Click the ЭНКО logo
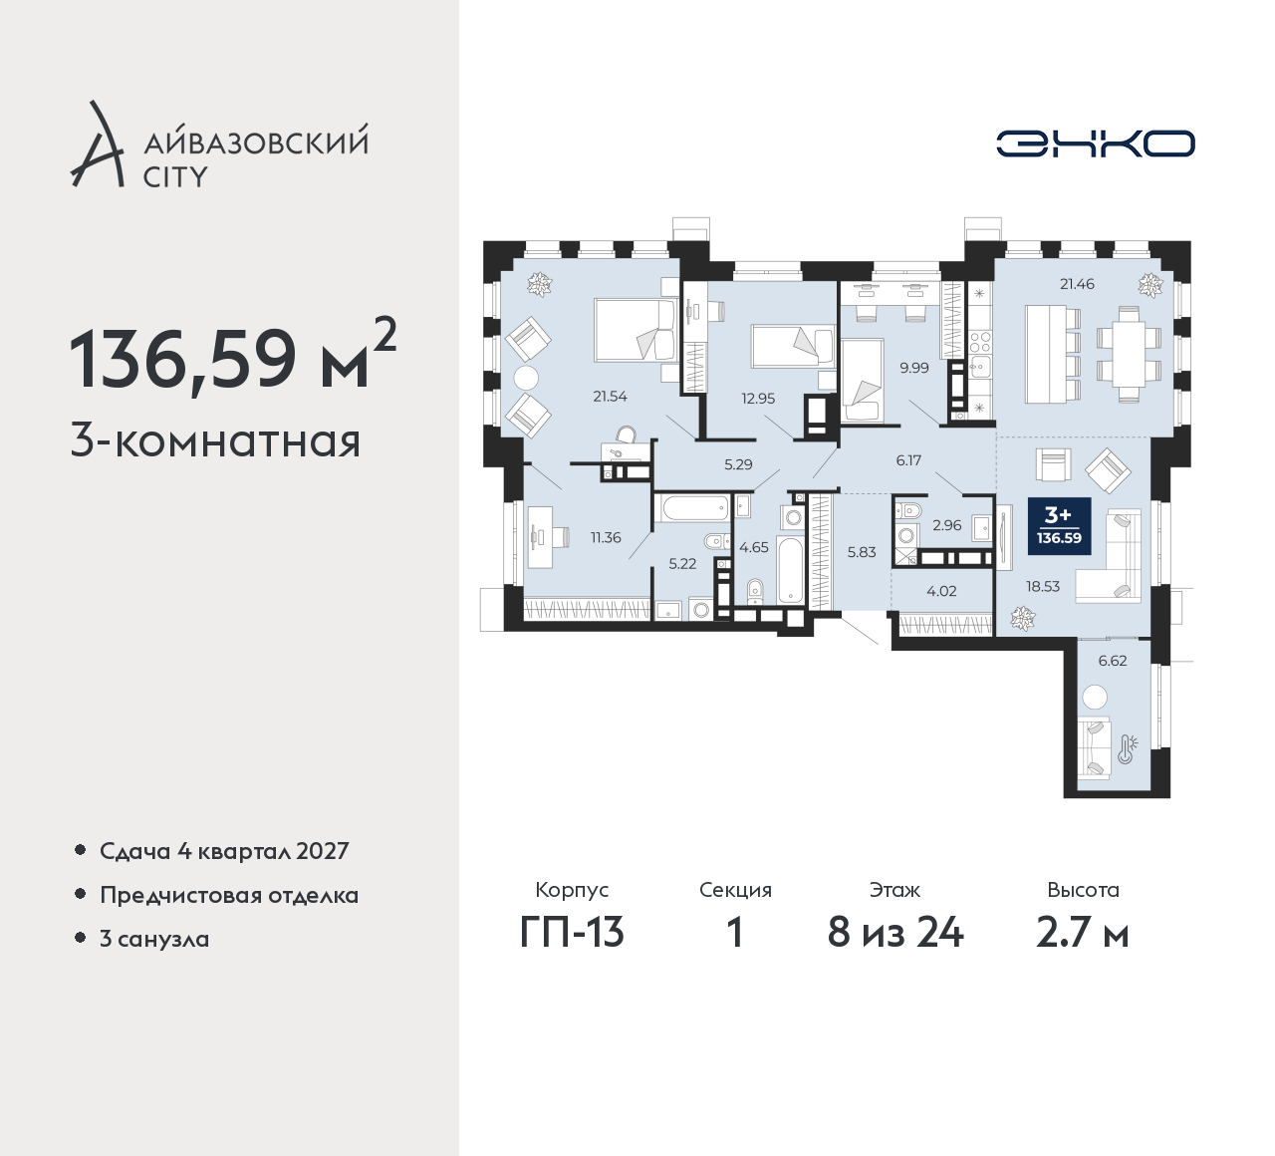click(x=1096, y=144)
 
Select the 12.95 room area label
click(x=758, y=399)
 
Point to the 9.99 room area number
click(x=914, y=368)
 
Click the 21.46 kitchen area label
click(x=1078, y=284)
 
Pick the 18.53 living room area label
click(x=1043, y=586)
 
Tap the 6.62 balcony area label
click(x=1113, y=661)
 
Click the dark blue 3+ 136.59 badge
click(x=1060, y=526)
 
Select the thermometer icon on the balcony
click(x=1128, y=749)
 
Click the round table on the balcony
click(x=1095, y=698)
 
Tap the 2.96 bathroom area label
click(x=947, y=525)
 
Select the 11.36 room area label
click(x=606, y=537)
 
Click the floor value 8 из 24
click(x=895, y=934)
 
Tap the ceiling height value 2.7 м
click(x=1083, y=934)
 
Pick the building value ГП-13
click(x=572, y=934)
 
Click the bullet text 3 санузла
click(x=154, y=939)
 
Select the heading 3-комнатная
click(x=215, y=441)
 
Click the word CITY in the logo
click(x=175, y=177)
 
